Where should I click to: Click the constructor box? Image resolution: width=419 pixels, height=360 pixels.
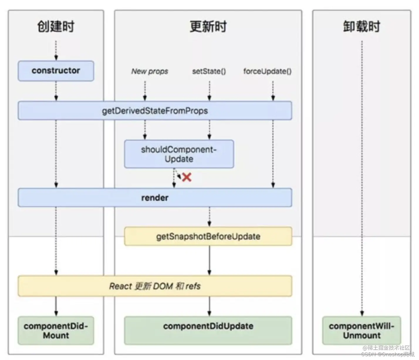click(56, 71)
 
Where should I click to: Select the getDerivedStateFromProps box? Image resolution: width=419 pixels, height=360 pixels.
click(155, 111)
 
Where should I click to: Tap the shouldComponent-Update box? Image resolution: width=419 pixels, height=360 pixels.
click(179, 154)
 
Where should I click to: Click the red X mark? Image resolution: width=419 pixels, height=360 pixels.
click(187, 177)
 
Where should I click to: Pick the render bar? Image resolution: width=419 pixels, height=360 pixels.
click(155, 198)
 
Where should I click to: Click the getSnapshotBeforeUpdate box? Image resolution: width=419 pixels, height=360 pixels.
click(208, 236)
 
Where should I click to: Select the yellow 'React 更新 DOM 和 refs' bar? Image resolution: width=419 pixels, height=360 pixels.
click(155, 286)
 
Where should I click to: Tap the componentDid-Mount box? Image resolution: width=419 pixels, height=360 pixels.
click(56, 331)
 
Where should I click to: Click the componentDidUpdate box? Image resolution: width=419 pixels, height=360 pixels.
click(208, 331)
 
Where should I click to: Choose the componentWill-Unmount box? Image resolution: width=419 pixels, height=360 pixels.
click(361, 331)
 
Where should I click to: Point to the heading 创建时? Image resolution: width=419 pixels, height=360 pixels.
click(56, 26)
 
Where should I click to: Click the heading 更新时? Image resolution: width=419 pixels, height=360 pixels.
click(208, 26)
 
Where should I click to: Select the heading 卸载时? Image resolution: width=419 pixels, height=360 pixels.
click(361, 26)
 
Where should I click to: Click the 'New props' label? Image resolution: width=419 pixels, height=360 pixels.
click(150, 71)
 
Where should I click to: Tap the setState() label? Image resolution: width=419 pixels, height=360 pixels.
click(209, 71)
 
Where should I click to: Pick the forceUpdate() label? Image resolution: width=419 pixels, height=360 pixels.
click(267, 71)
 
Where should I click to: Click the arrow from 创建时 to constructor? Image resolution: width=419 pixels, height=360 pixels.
click(56, 51)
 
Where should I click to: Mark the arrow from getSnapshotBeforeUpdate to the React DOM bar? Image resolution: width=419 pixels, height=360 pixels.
click(209, 260)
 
